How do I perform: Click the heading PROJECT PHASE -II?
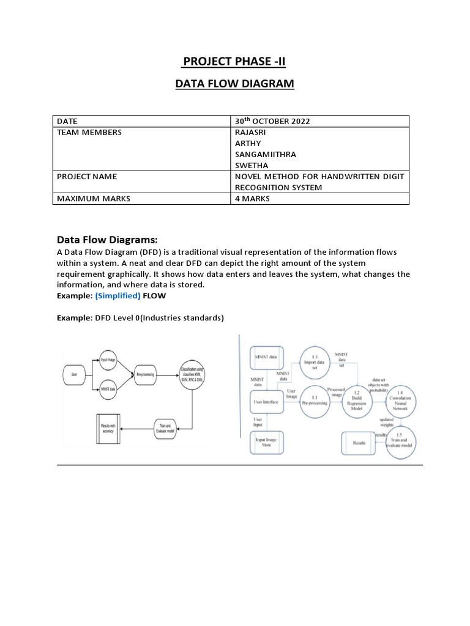click(234, 61)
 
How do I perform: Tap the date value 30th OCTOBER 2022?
click(272, 121)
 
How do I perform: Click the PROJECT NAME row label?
click(86, 177)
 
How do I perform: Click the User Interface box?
click(266, 402)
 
